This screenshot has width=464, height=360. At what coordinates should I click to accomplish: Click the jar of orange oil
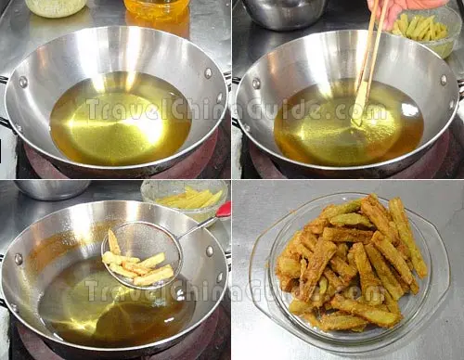tap(157, 9)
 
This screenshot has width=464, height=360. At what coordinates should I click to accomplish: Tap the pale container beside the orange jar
tap(56, 6)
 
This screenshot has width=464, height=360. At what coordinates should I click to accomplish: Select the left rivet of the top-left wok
tap(23, 82)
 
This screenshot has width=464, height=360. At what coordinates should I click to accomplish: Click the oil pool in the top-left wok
tap(121, 119)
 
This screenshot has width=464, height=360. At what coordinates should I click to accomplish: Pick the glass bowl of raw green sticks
tap(426, 31)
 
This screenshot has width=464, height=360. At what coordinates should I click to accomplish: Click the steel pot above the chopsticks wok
tap(284, 12)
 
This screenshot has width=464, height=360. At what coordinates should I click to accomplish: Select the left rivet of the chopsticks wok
tap(256, 84)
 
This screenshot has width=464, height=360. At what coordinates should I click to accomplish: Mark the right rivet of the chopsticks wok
tap(444, 80)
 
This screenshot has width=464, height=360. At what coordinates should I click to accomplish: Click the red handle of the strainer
tap(224, 210)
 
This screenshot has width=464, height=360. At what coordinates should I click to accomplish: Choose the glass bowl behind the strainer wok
tap(185, 198)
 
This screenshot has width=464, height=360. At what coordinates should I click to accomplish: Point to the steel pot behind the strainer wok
tap(52, 188)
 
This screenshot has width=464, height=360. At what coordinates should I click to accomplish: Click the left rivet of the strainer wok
tap(19, 260)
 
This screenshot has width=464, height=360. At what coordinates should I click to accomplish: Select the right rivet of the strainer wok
tap(210, 251)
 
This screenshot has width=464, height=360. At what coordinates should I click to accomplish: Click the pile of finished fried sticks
tap(350, 263)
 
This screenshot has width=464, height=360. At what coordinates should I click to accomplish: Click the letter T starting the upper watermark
tap(94, 109)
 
